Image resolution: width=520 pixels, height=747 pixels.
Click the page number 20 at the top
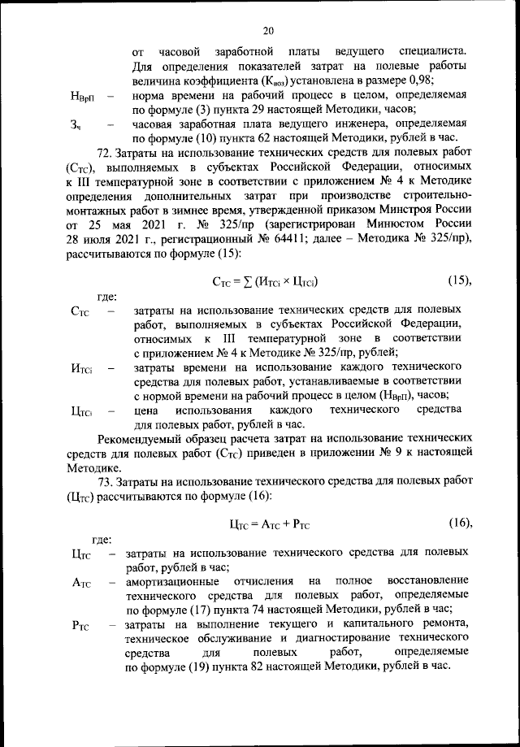click(x=267, y=31)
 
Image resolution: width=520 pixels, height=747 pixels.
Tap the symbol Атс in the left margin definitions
click(x=84, y=584)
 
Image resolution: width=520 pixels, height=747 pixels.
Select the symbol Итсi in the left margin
click(x=83, y=369)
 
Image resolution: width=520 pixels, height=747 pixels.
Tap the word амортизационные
click(x=171, y=581)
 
